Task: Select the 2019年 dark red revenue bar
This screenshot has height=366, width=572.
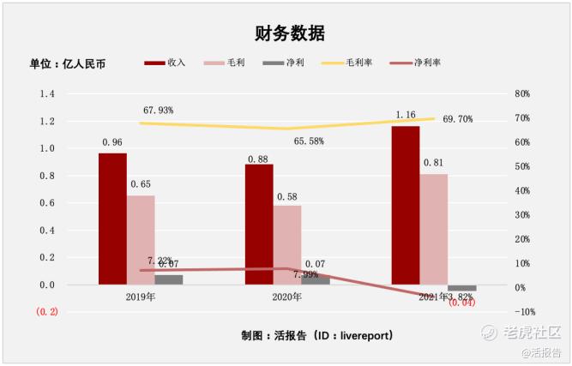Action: (x=112, y=219)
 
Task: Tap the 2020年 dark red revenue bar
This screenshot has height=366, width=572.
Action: (x=259, y=224)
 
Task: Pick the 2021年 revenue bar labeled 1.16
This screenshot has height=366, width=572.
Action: (x=406, y=205)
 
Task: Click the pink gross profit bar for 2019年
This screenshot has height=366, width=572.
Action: (x=141, y=240)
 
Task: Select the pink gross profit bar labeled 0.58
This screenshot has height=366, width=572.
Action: (x=287, y=245)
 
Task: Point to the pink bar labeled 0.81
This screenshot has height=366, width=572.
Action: (x=434, y=229)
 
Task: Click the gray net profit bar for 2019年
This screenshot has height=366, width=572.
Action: (x=169, y=279)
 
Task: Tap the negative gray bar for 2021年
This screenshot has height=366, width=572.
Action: (x=461, y=288)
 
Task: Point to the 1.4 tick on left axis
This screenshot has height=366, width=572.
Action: (x=46, y=93)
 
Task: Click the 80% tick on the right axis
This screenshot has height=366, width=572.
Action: (x=523, y=93)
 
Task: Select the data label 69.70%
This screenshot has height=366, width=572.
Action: (x=457, y=119)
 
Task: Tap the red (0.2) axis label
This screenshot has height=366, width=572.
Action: (x=46, y=312)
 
